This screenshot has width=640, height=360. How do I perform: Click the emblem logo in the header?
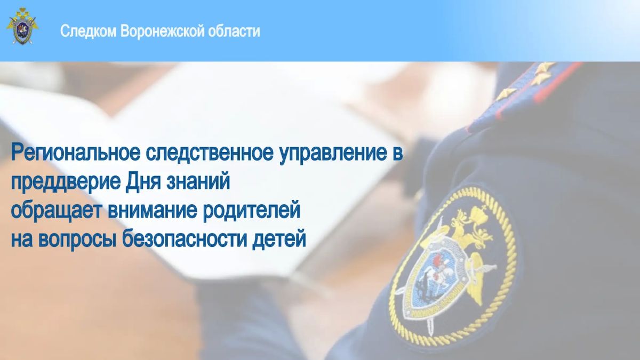[22, 26]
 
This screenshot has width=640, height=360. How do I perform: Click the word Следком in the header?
[89, 31]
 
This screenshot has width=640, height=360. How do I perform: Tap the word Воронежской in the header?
[163, 31]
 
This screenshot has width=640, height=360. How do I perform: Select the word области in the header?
[234, 31]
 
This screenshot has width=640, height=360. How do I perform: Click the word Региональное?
[76, 153]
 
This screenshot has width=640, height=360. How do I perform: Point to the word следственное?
[210, 153]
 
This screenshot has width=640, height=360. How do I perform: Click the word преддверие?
[66, 182]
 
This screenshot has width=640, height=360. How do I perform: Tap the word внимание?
[153, 210]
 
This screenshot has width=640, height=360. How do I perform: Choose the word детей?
[279, 239]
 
